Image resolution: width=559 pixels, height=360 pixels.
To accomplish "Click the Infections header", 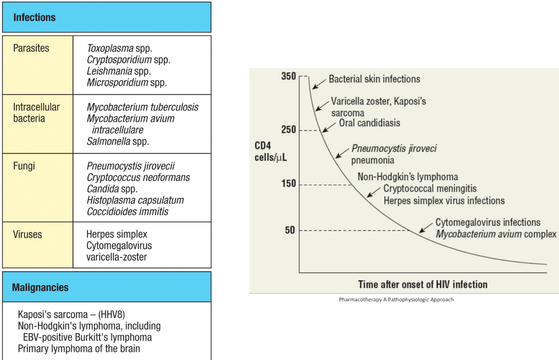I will click(x=34, y=17).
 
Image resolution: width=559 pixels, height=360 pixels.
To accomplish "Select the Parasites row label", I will click(x=31, y=49).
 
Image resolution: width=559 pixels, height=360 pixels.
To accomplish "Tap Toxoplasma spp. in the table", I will click(x=119, y=49).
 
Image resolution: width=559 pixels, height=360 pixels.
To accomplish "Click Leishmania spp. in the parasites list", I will click(x=119, y=71).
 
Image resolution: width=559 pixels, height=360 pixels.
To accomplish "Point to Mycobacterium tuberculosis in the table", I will click(x=142, y=107).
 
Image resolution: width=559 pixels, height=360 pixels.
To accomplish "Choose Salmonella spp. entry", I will click(x=118, y=141).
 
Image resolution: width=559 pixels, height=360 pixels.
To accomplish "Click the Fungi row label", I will click(x=24, y=166).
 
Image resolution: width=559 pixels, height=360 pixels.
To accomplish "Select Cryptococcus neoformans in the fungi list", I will click(x=138, y=178).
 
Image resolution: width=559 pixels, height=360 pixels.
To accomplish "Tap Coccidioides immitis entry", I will click(x=127, y=211).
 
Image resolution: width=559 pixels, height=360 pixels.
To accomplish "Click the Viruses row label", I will click(x=28, y=234).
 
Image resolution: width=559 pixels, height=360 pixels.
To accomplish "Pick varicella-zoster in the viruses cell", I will click(x=116, y=257).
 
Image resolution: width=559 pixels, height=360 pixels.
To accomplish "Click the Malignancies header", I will click(x=40, y=287).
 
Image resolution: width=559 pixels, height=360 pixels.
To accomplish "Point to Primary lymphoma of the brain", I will click(x=79, y=349).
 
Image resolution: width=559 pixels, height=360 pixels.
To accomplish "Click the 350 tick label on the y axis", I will click(x=288, y=77).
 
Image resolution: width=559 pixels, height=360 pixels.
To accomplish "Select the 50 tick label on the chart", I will click(x=290, y=230).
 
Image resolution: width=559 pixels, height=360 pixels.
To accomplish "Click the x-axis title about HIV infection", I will click(x=422, y=284).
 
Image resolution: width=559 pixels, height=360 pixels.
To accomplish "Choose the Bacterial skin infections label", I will click(x=374, y=79).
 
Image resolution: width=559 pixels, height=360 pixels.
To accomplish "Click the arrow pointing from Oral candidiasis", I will click(x=329, y=126).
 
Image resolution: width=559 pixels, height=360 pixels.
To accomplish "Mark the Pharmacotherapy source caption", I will click(x=396, y=299).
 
